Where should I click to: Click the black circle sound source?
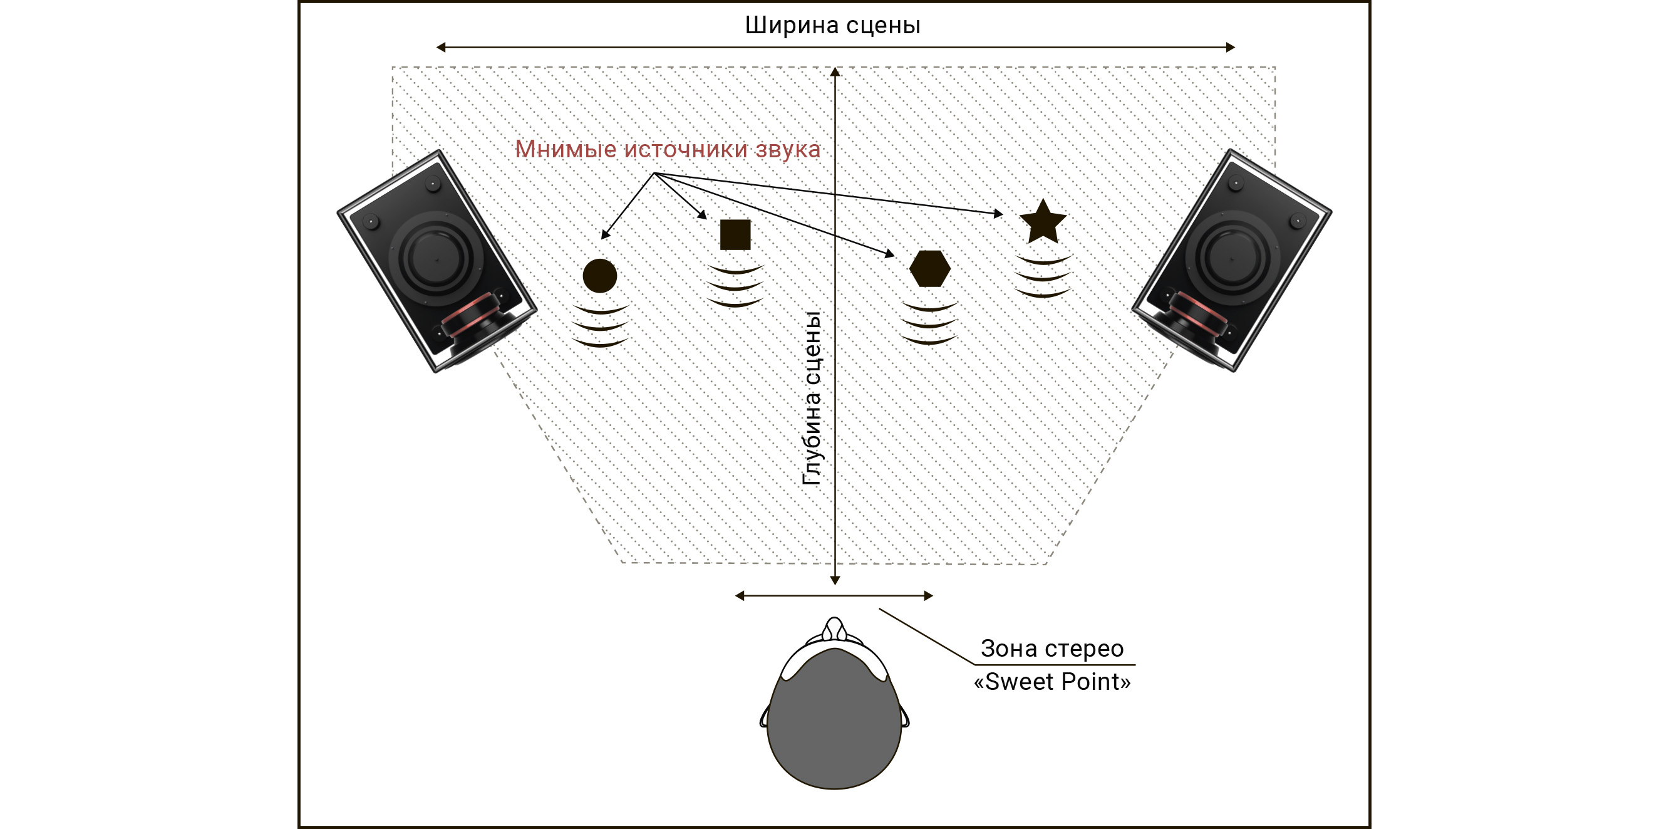coord(599,276)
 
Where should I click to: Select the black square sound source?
coord(735,234)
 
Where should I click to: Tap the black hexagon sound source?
coord(930,268)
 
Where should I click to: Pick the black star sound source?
coord(1043,222)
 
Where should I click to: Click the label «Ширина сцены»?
coord(832,25)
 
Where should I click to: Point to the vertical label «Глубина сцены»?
coord(812,399)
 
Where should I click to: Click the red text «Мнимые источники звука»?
coord(668,149)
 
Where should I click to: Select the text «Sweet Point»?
coord(1052,682)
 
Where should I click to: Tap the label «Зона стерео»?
coord(1052,648)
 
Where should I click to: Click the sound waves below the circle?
coord(601,326)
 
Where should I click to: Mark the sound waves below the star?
coord(1043,277)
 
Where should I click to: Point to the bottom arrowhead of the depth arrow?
coord(835,581)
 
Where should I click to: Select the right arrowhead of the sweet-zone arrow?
coord(929,596)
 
